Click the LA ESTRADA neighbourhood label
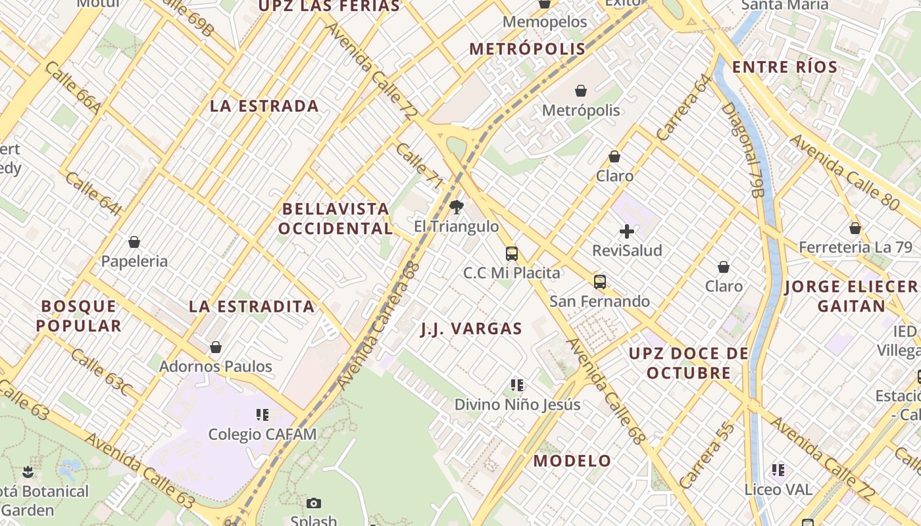click(x=264, y=106)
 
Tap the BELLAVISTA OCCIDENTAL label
click(x=335, y=219)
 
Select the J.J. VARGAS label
click(x=471, y=329)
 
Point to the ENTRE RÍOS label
click(x=785, y=67)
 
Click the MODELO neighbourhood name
click(x=572, y=461)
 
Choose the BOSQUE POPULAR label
click(x=79, y=316)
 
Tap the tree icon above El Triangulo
click(x=456, y=208)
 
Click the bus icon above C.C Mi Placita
click(x=511, y=253)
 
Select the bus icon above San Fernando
click(x=599, y=282)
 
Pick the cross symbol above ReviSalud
click(x=627, y=231)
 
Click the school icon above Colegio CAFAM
click(x=262, y=415)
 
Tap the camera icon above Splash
click(x=314, y=503)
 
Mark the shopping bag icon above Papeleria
click(x=134, y=242)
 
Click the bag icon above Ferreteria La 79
click(x=855, y=228)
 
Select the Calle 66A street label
click(x=72, y=89)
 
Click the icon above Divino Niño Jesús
click(x=517, y=385)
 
